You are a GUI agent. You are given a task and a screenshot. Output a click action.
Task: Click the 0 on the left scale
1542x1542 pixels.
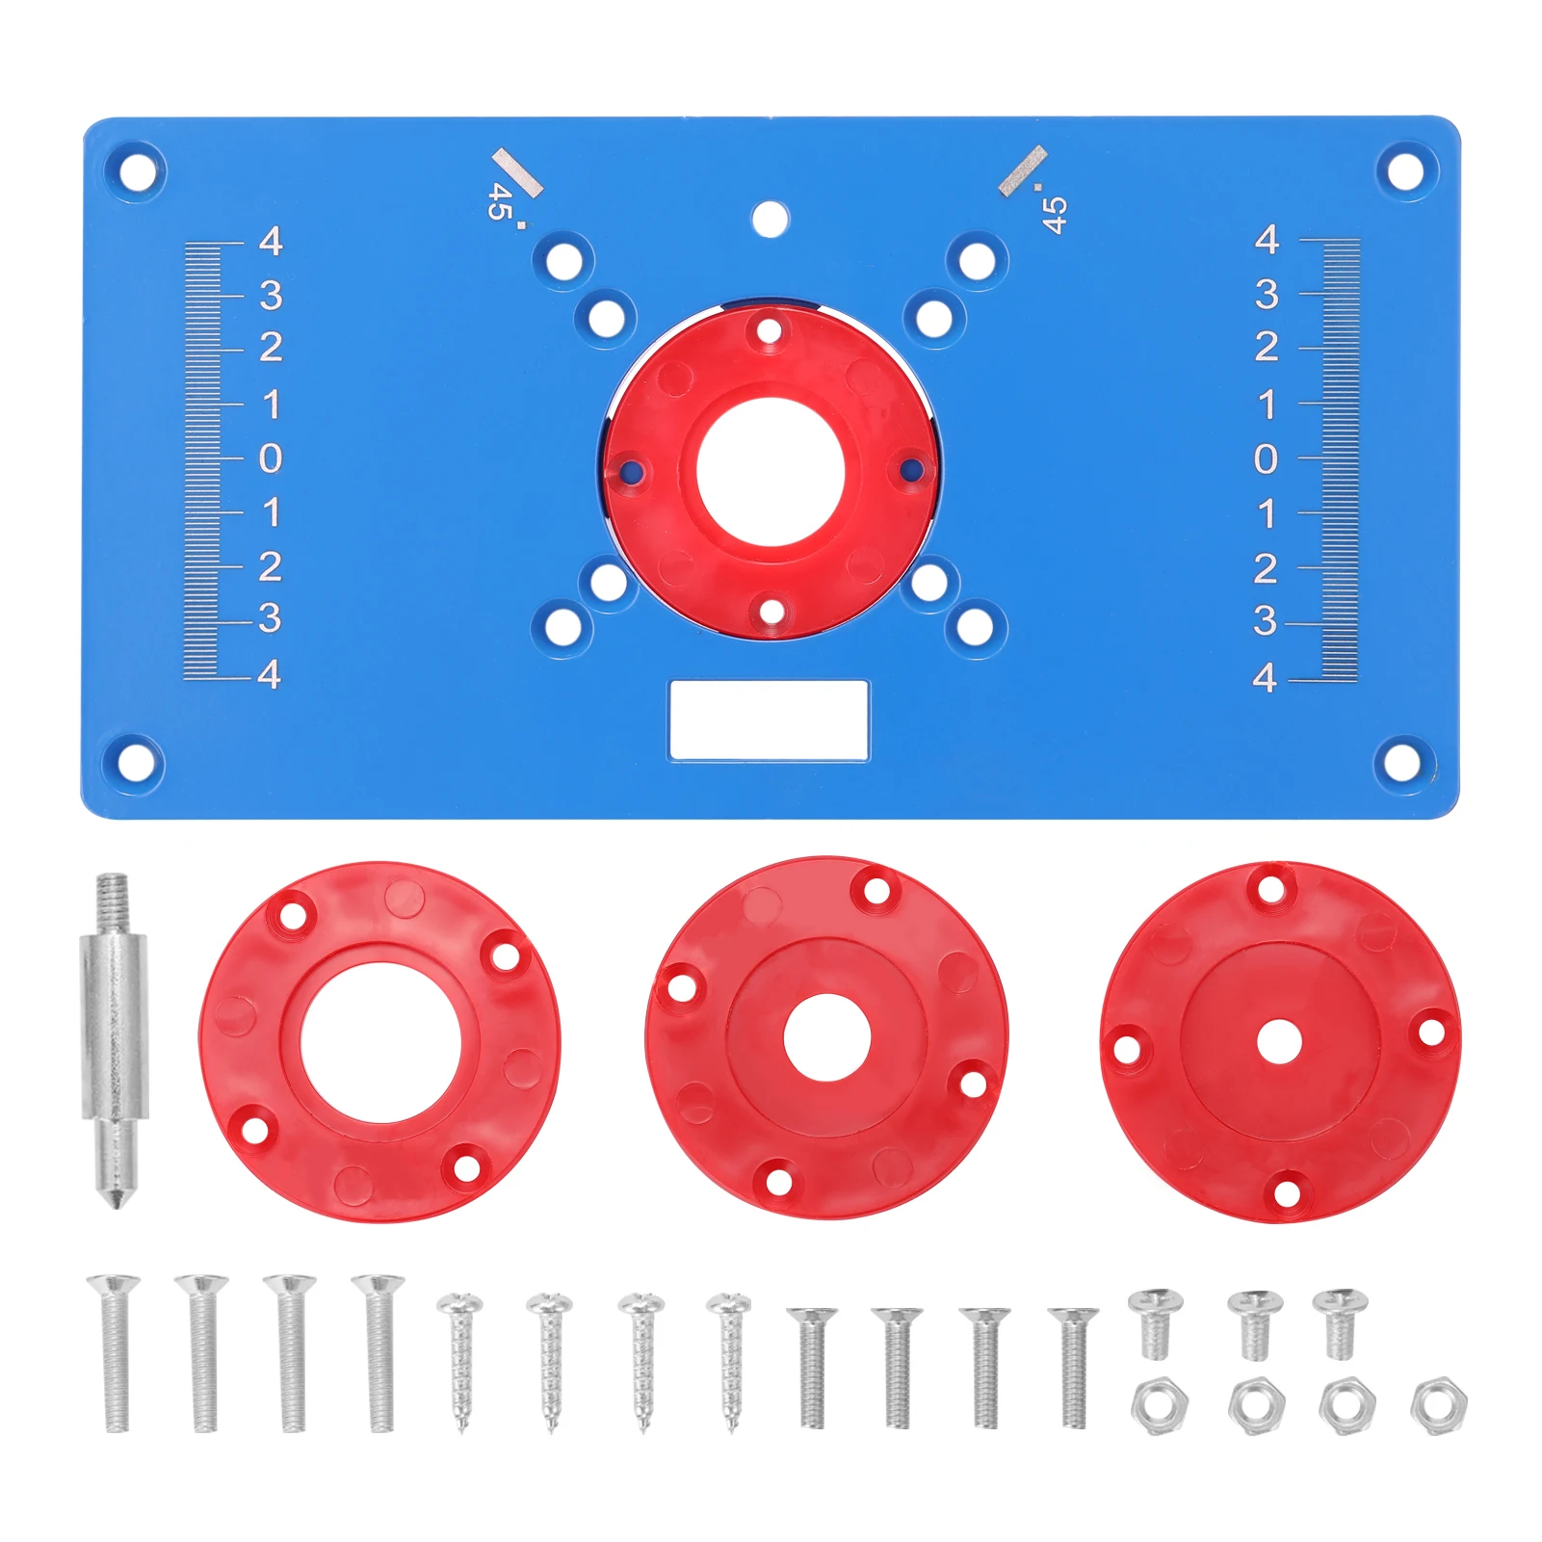coord(271,458)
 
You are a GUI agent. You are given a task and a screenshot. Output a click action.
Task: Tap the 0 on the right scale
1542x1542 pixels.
coord(1266,459)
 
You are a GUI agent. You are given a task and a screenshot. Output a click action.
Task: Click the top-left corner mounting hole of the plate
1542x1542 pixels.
coord(137,173)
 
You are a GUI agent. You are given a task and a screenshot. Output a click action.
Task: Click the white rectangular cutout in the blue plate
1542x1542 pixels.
coord(769,720)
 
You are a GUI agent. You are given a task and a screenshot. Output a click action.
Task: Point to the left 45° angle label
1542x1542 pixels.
coord(499,201)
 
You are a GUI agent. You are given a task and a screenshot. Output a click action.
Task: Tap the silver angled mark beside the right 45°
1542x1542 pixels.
coord(1022,171)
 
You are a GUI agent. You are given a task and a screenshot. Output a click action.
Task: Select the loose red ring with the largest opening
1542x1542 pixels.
coord(379,1041)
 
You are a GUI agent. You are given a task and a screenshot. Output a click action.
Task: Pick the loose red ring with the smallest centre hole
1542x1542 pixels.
coord(1280,1041)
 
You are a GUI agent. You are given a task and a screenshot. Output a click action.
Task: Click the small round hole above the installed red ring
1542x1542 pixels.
coord(769,220)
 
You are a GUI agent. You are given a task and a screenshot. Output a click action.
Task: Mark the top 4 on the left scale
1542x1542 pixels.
coord(271,241)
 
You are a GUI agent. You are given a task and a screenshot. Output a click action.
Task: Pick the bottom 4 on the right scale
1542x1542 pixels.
coord(1266,678)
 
